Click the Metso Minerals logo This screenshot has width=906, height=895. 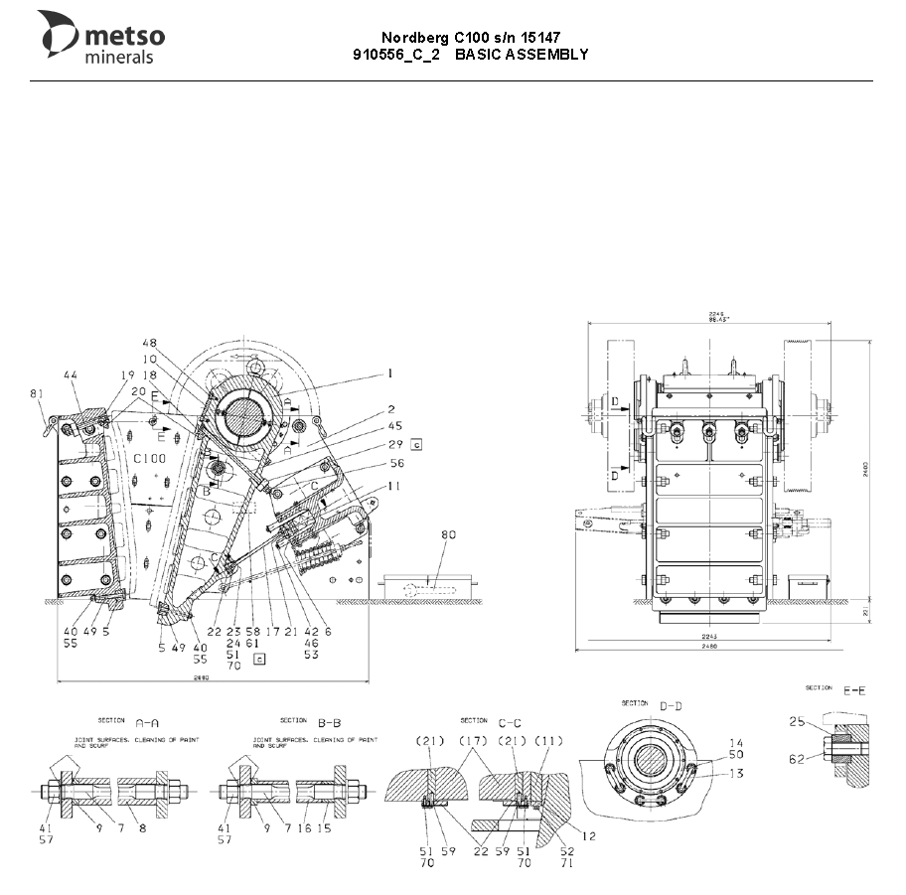click(101, 38)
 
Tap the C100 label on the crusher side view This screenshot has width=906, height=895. click(149, 458)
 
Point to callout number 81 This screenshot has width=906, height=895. click(38, 394)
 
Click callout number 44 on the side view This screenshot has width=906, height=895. click(71, 374)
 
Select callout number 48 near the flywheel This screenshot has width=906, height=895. click(150, 344)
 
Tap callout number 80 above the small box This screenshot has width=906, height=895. click(448, 535)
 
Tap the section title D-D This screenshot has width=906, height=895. click(672, 705)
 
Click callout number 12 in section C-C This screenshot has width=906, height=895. click(589, 836)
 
